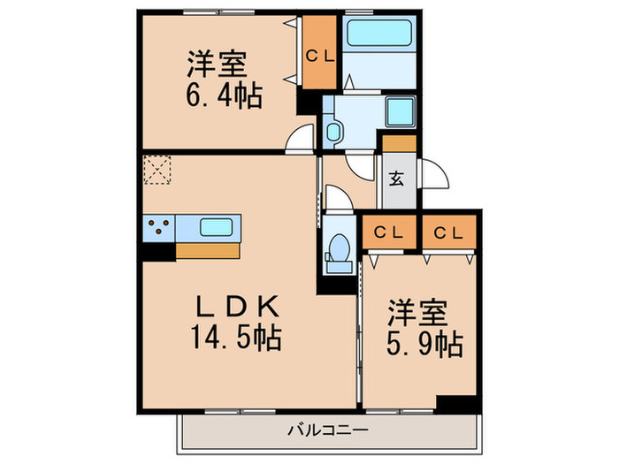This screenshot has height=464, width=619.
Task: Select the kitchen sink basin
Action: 216,226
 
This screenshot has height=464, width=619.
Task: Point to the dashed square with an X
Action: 158,171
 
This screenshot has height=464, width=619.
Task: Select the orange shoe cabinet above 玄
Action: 399,143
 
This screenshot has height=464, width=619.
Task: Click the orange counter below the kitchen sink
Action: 208,250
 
